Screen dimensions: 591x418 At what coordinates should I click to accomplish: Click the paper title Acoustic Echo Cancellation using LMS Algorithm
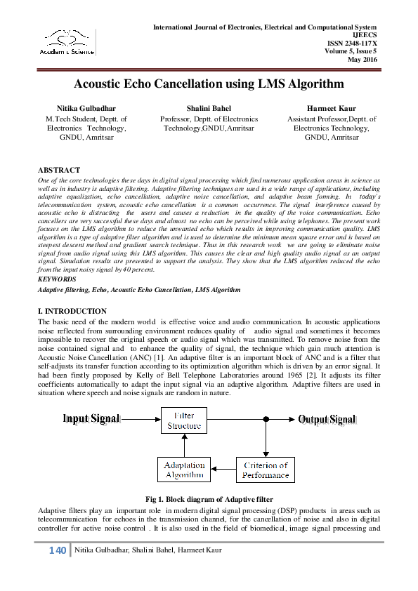tap(209, 84)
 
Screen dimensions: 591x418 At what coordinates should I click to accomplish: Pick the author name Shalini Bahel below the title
tap(209, 109)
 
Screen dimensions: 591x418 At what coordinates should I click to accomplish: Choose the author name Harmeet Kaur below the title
tap(331, 109)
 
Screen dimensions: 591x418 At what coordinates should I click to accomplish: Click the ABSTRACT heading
tap(58, 171)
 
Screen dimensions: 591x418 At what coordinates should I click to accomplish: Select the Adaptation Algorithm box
tap(184, 470)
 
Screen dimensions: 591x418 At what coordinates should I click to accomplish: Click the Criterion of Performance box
tap(266, 470)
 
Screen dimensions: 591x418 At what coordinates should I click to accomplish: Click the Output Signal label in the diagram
tap(327, 420)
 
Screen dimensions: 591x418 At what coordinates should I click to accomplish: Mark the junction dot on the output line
tap(266, 420)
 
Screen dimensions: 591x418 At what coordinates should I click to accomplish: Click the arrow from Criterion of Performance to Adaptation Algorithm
tap(224, 470)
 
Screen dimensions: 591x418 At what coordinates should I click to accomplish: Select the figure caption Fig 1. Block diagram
tap(209, 499)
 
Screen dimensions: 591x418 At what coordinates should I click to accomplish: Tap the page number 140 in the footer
tap(58, 550)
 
